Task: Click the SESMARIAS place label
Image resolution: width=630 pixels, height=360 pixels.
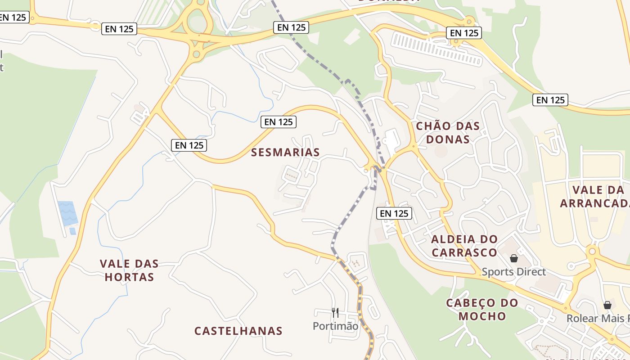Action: point(285,153)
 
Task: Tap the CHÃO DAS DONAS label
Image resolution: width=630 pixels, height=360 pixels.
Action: point(448,132)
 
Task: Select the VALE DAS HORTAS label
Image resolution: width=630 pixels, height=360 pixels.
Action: point(129,270)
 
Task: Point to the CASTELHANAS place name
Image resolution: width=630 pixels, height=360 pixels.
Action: point(238,331)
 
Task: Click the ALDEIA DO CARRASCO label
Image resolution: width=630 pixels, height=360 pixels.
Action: point(464,245)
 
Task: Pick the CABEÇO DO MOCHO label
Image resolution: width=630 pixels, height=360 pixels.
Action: point(482,309)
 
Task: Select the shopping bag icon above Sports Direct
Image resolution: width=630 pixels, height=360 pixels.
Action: point(513,258)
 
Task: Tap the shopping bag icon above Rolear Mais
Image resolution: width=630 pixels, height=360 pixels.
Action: point(607,305)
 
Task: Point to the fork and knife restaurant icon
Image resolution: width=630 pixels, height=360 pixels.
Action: point(335,312)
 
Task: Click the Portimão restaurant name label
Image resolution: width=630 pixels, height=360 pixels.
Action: point(336,326)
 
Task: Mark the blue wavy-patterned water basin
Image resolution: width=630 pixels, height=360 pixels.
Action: point(67,213)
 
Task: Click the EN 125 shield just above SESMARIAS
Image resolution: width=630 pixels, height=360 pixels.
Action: point(279,122)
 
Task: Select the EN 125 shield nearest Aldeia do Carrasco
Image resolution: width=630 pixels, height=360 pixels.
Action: point(394,213)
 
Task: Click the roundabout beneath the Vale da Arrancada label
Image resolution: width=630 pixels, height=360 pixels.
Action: point(592,251)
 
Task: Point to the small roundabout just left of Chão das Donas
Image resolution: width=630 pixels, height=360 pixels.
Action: point(413,146)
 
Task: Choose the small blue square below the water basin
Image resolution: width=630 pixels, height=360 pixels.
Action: point(72,231)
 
